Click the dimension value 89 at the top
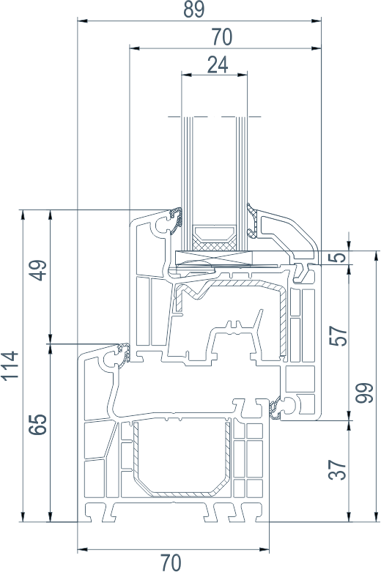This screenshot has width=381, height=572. click(193, 9)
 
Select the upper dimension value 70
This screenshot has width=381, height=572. click(221, 37)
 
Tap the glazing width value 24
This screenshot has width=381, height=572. click(218, 64)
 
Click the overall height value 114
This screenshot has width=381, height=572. click(10, 366)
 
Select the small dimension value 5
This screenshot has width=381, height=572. click(339, 258)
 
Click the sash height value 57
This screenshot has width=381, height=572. click(338, 335)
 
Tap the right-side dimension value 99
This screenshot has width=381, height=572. click(365, 393)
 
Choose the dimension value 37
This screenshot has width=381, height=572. click(338, 470)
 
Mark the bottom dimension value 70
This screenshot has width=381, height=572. click(171, 562)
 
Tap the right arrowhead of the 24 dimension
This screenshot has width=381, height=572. click(243, 75)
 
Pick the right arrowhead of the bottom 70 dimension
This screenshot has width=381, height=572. click(264, 549)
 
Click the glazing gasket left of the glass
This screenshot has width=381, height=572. click(176, 220)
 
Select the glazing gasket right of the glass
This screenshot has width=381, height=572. click(253, 221)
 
